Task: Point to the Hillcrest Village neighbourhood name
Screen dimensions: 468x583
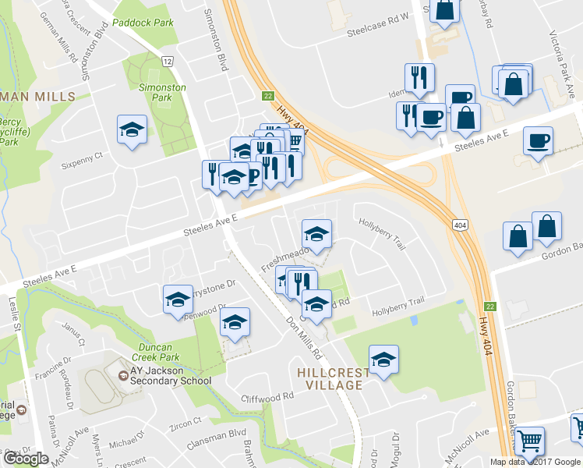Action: tap(330, 378)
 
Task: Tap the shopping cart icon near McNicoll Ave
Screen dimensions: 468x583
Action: tap(530, 441)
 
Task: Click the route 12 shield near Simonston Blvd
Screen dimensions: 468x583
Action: tap(167, 61)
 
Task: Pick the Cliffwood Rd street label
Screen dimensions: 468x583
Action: tap(267, 396)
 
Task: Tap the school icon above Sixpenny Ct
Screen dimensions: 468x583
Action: tap(132, 130)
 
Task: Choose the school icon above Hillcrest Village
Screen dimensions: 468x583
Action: tap(383, 360)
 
